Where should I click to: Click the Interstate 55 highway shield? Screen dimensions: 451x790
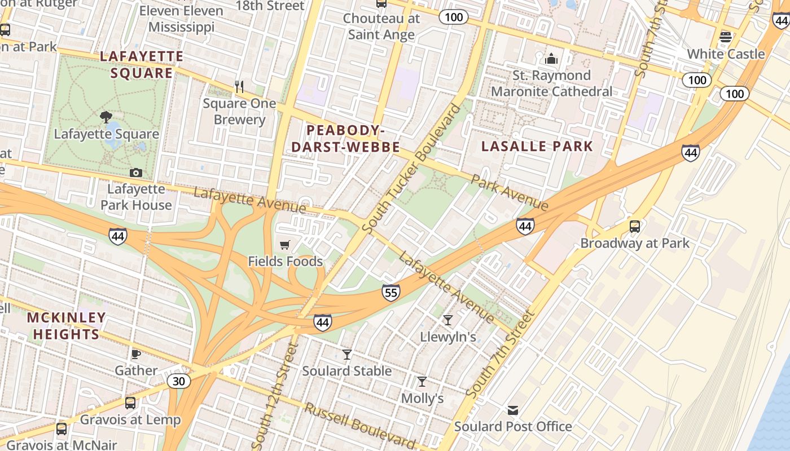tap(390, 292)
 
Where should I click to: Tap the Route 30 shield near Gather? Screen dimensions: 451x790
tap(178, 382)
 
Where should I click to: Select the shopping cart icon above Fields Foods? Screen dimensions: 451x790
tap(285, 245)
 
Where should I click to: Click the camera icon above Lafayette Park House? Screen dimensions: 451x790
tap(136, 173)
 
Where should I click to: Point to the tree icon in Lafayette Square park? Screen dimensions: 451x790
tap(106, 117)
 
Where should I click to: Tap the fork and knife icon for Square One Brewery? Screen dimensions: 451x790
tap(239, 87)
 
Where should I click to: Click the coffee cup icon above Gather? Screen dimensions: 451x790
tap(136, 354)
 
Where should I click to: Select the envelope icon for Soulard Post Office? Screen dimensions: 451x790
tap(513, 410)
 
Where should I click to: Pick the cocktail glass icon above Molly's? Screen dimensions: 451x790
tap(422, 382)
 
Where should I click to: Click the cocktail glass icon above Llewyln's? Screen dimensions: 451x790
tap(448, 320)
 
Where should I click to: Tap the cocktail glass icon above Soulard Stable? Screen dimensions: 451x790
tap(347, 354)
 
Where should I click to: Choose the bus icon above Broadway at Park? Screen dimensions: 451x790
tap(635, 227)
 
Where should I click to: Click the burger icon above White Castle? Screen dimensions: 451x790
tap(726, 37)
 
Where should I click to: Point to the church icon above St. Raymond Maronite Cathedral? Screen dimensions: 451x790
tap(551, 59)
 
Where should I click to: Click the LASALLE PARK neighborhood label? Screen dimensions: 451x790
tap(537, 147)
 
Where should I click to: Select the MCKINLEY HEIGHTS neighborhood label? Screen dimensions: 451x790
tap(66, 326)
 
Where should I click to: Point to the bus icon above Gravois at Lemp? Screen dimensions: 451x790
tap(130, 403)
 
